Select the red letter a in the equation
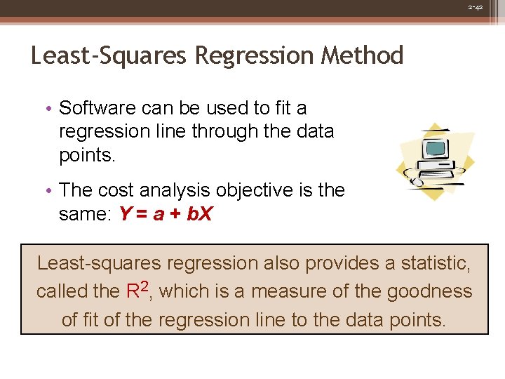point(160,215)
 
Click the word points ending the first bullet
point(86,156)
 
